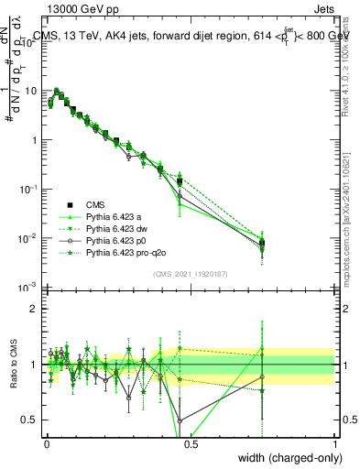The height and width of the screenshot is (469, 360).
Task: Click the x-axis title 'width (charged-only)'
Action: [286, 457]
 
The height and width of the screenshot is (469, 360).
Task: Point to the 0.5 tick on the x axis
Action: [191, 442]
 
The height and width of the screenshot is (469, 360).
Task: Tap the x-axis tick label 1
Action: [335, 442]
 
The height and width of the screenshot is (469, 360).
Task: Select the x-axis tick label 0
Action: [46, 442]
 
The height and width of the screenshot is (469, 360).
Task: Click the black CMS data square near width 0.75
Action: [262, 243]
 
